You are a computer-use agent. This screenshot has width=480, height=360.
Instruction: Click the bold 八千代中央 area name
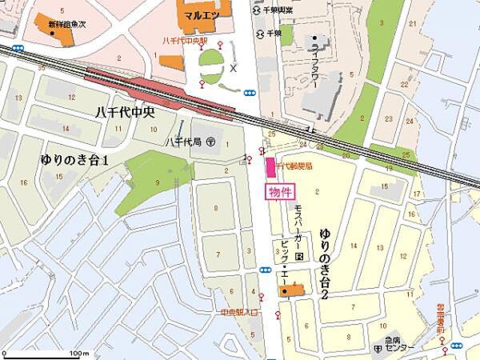(121, 114)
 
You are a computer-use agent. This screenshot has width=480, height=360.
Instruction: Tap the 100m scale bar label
(78, 352)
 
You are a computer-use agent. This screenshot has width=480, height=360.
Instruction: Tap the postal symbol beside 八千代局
(210, 142)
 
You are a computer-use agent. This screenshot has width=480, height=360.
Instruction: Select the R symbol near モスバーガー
(298, 257)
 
